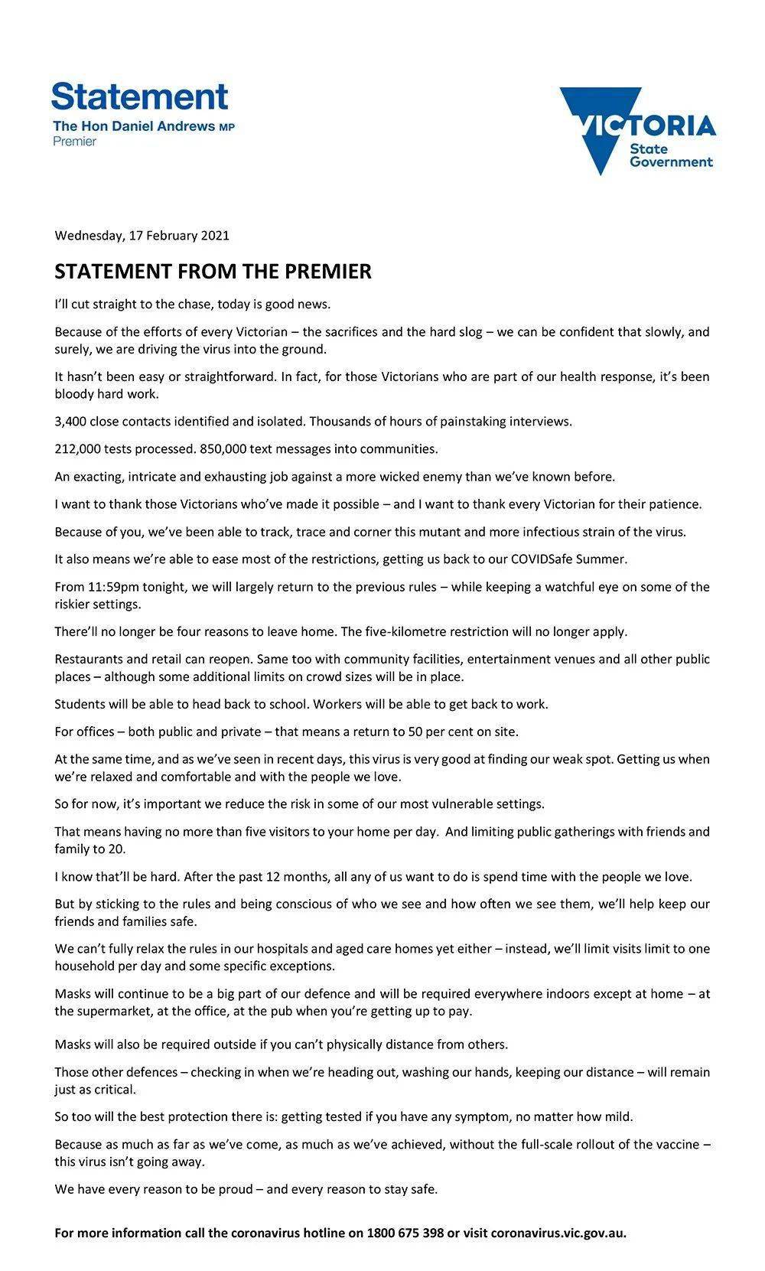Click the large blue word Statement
tap(140, 97)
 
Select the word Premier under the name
tap(74, 142)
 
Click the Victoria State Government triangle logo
tap(636, 130)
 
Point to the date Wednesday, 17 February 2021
tap(142, 235)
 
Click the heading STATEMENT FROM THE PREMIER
tap(213, 272)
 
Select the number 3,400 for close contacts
tap(70, 421)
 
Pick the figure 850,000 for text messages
tap(225, 448)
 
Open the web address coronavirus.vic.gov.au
tap(558, 1233)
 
